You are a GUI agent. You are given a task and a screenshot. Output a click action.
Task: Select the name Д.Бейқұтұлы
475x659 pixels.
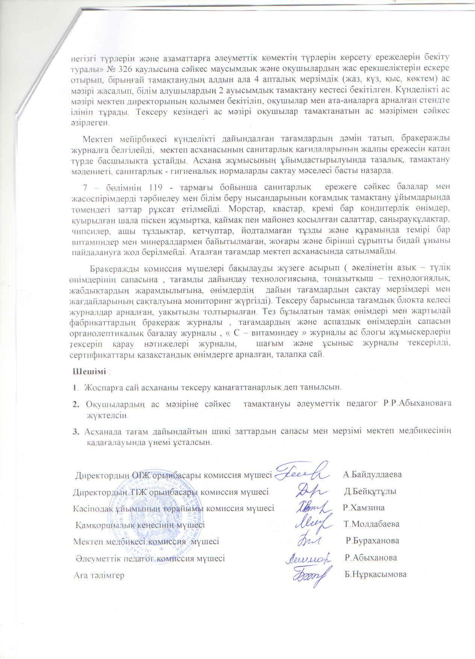coord(370,491)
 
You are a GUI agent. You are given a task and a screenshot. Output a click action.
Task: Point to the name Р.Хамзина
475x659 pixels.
coord(363,507)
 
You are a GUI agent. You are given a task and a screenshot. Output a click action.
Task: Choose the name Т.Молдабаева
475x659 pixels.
coord(371,524)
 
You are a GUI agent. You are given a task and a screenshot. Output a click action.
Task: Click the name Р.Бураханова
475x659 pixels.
coord(372,541)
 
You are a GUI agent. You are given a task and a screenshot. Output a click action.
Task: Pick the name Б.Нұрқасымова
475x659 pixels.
coord(375,574)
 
